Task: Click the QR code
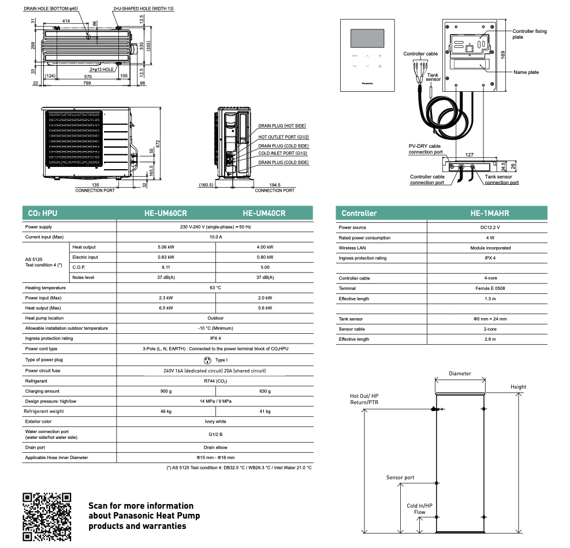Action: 46,516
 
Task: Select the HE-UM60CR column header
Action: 166,213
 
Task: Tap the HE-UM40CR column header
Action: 264,213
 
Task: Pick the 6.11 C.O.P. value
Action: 166,267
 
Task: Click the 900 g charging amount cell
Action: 166,392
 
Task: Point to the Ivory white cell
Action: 215,422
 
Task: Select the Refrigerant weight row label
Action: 44,412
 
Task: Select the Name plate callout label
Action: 526,72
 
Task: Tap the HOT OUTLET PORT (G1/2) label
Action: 283,136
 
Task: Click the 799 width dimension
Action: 86,84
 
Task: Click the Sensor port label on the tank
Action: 400,478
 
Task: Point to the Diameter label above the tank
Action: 460,374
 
